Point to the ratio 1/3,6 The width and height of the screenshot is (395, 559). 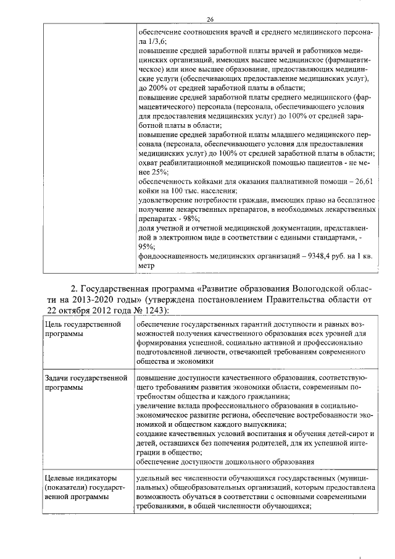coord(156,39)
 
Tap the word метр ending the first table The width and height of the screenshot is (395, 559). coord(146,266)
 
